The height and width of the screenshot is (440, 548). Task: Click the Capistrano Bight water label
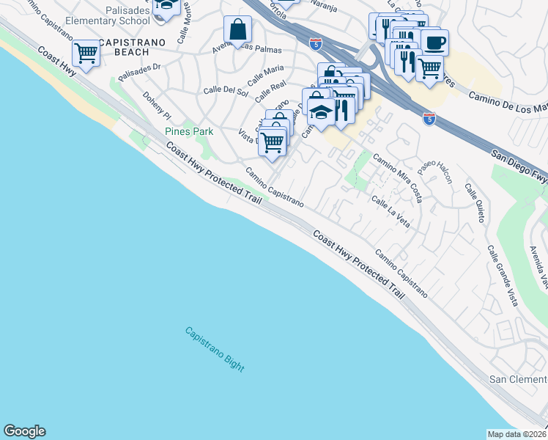click(x=214, y=350)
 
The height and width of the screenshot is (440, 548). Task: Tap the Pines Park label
click(x=188, y=131)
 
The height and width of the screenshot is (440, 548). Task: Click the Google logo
click(x=24, y=431)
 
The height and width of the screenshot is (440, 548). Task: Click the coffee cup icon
click(x=434, y=42)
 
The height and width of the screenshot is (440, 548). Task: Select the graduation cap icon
click(x=320, y=112)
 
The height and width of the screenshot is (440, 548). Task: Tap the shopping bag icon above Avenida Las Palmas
click(x=238, y=31)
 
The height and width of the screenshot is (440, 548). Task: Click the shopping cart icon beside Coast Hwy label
click(x=86, y=53)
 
